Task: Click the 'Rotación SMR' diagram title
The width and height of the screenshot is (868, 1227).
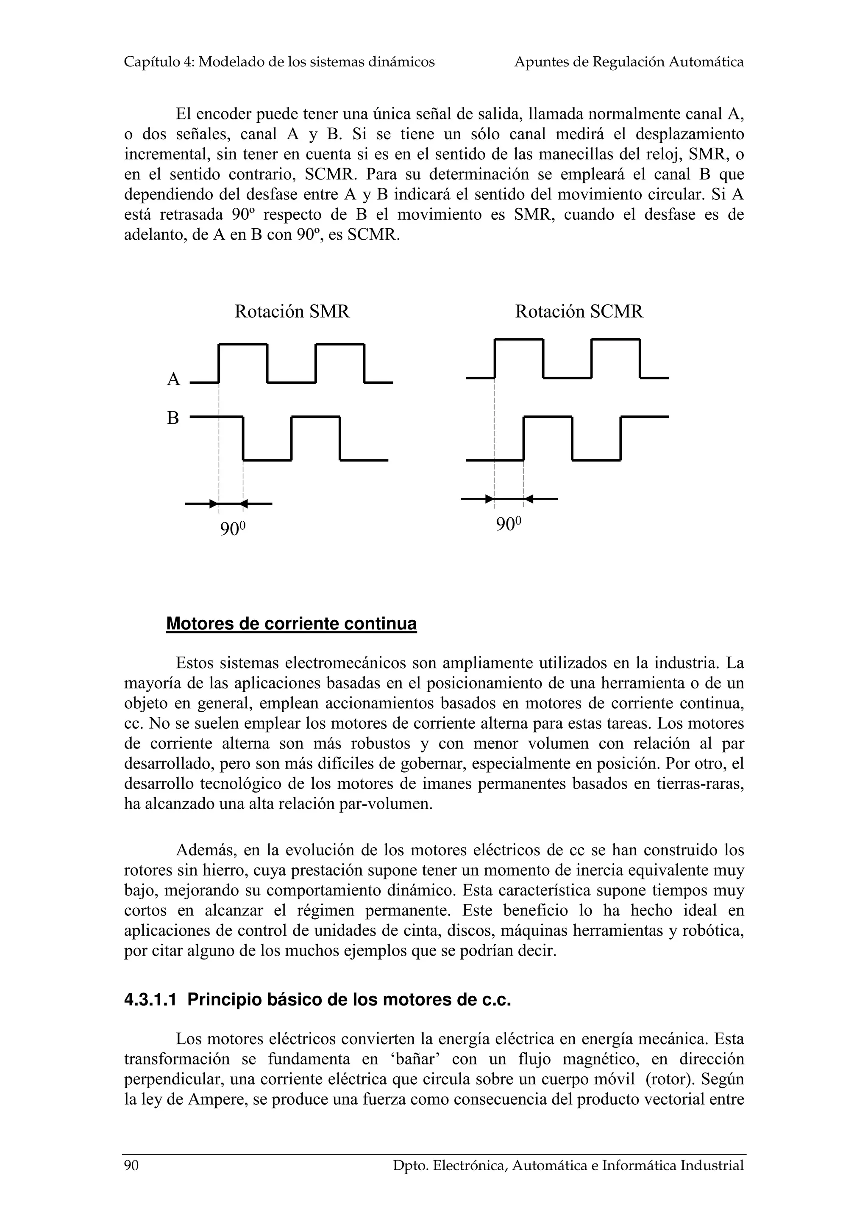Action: (292, 312)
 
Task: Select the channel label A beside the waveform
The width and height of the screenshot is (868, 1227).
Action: (173, 379)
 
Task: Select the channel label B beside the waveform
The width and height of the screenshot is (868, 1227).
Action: (173, 418)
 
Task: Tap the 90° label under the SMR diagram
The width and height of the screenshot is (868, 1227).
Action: (233, 529)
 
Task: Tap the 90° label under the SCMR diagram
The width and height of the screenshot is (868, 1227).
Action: (508, 524)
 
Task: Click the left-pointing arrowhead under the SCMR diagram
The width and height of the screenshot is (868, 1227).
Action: (529, 499)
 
